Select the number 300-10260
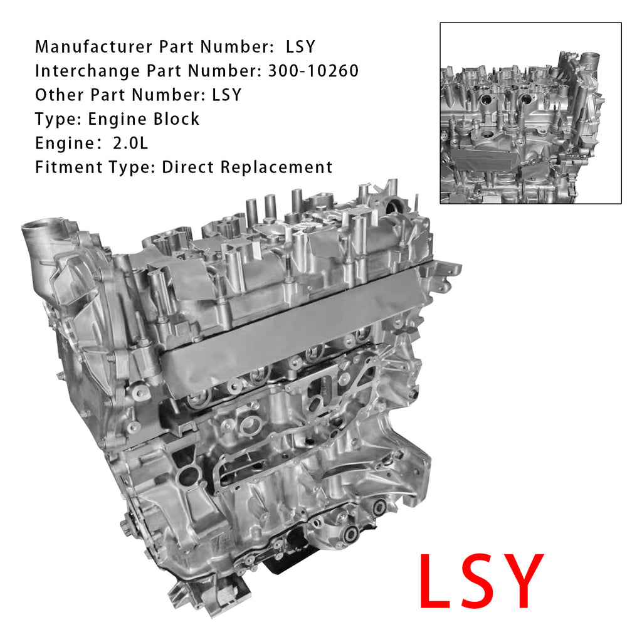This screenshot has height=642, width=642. click(313, 71)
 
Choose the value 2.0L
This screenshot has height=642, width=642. click(130, 144)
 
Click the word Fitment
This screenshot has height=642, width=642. click(69, 167)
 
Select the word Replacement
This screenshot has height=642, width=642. click(276, 167)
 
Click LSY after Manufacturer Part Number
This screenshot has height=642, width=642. click(300, 46)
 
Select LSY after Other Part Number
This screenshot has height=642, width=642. click(226, 95)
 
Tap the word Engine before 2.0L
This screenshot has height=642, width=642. click(65, 144)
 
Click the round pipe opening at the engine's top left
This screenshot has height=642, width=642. click(38, 225)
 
